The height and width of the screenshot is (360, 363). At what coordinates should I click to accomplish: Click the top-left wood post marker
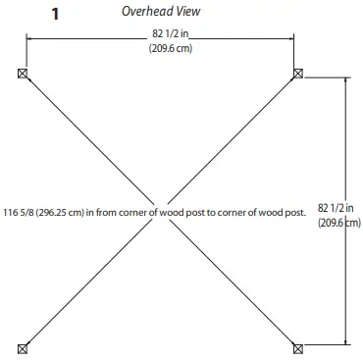pos(23,74)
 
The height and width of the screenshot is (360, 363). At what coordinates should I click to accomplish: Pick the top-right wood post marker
pos(299,74)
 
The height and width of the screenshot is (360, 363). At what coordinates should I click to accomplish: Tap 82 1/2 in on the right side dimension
pos(338,207)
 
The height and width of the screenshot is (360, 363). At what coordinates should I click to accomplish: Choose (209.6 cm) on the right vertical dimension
pos(339,223)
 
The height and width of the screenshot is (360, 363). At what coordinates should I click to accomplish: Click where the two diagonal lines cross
pos(161,209)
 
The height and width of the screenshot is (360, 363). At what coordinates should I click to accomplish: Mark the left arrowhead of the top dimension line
pos(28,37)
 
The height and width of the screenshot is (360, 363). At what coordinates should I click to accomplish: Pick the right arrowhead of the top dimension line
pos(293,37)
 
